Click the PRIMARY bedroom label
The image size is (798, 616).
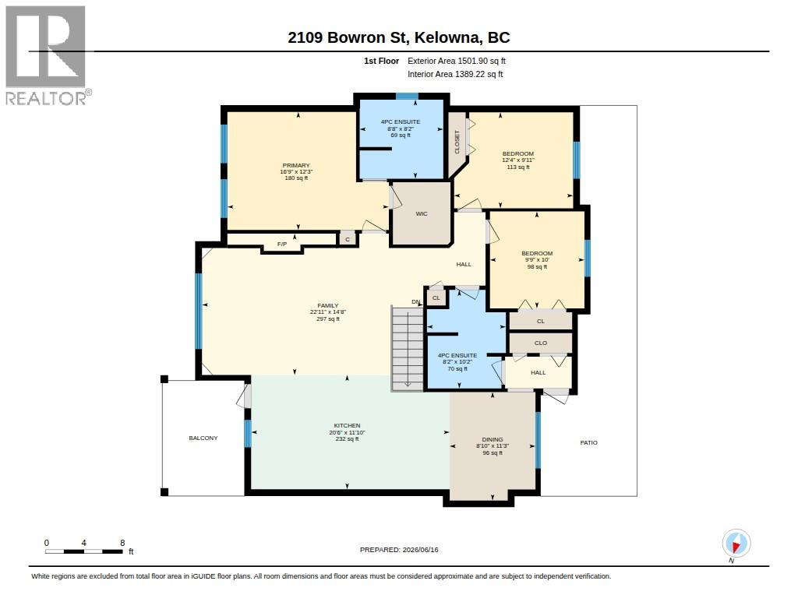tap(296, 165)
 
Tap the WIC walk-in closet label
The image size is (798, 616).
tap(422, 213)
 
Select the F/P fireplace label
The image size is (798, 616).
tap(282, 245)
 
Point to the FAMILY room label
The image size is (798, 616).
tap(328, 306)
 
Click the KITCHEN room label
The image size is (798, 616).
tap(347, 426)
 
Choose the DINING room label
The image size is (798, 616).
tap(493, 439)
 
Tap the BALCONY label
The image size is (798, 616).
tap(203, 438)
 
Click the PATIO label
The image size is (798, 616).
tap(589, 442)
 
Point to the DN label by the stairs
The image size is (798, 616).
tap(416, 302)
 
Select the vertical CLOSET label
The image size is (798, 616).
tap(457, 142)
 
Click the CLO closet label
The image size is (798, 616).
tap(541, 343)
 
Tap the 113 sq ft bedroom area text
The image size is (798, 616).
tap(518, 167)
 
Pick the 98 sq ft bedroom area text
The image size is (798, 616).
tap(537, 266)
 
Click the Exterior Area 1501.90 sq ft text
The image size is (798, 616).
tap(457, 61)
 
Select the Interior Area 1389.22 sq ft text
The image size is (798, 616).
tap(455, 74)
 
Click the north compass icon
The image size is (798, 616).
tap(736, 544)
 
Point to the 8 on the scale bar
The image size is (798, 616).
tap(122, 543)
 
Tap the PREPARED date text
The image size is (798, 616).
tap(399, 550)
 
